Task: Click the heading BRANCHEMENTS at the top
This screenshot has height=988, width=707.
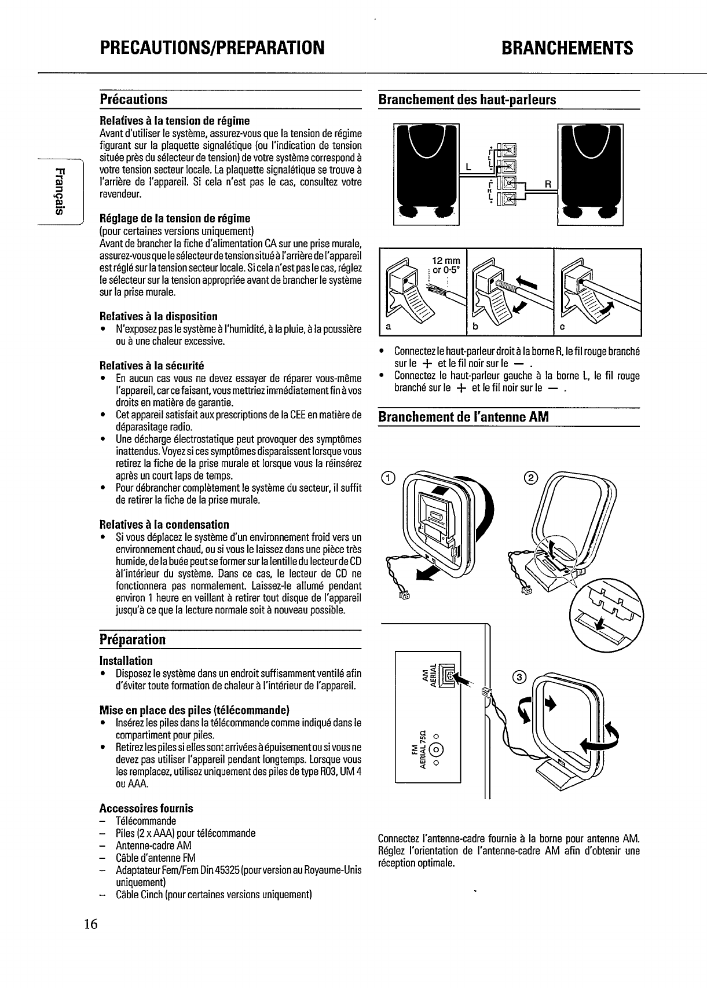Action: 567,47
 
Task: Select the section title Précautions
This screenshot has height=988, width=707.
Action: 134,99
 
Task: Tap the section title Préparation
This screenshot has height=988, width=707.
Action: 133,639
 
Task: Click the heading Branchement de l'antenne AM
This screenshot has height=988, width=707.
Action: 463,416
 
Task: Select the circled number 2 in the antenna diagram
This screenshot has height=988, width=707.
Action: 530,477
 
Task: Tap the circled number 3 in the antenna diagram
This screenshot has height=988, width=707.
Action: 520,678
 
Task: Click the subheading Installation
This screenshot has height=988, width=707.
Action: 126,661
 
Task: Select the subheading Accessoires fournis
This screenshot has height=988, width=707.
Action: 146,808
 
